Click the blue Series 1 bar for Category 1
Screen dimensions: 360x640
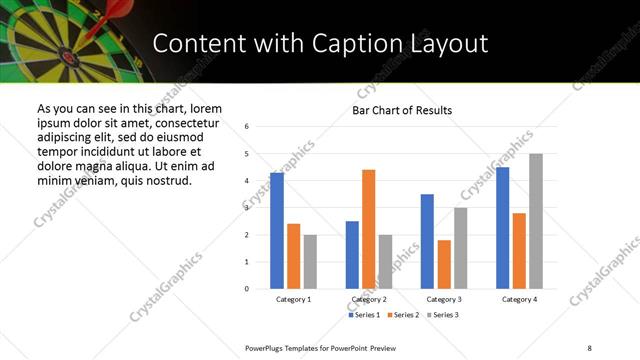277,231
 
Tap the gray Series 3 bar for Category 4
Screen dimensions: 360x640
536,221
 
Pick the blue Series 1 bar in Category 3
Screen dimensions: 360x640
427,241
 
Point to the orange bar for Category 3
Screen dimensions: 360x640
444,264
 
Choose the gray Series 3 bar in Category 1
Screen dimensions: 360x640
310,262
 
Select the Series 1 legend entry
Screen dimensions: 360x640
363,315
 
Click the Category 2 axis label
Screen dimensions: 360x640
369,300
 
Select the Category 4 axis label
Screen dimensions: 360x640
519,300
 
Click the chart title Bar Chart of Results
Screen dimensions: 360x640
402,110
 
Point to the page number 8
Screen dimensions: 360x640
589,347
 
